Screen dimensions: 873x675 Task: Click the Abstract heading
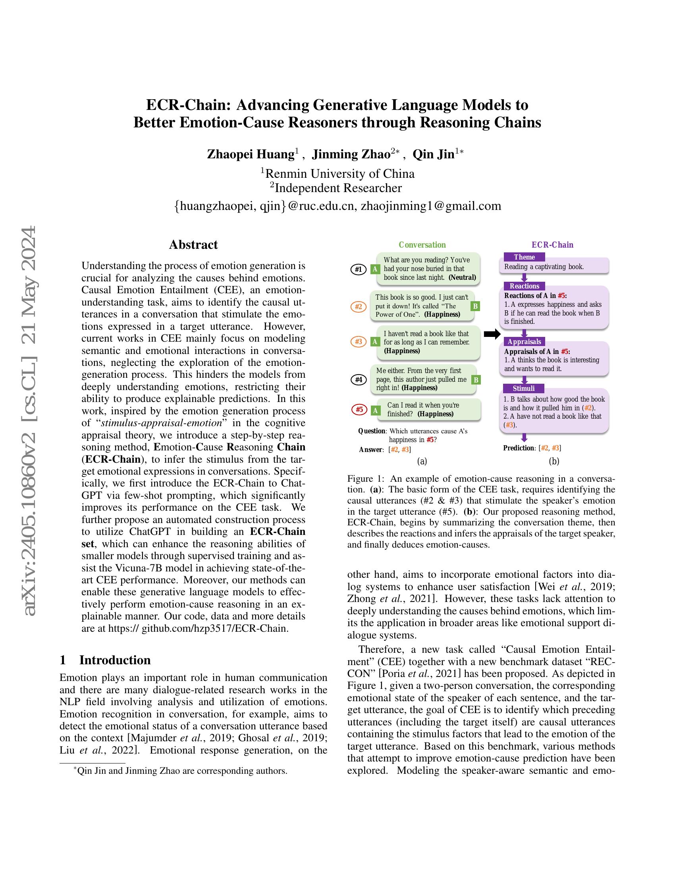tap(193, 244)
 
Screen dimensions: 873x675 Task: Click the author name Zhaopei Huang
tap(251, 154)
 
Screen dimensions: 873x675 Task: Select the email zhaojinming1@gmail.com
tap(431, 206)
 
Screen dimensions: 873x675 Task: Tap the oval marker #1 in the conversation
tap(358, 269)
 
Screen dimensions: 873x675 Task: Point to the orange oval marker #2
tap(358, 307)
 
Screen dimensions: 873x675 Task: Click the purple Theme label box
tap(524, 257)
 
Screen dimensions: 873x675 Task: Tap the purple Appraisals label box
tap(524, 341)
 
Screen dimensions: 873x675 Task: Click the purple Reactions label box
tap(524, 286)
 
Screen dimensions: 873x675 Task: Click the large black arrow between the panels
tap(492, 334)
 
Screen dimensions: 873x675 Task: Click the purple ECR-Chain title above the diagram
tap(552, 244)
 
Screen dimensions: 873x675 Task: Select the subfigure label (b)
tap(554, 461)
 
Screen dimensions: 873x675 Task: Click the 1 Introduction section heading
tap(105, 660)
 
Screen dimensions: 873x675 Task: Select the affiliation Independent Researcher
tap(337, 188)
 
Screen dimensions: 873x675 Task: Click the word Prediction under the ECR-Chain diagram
tap(518, 448)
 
